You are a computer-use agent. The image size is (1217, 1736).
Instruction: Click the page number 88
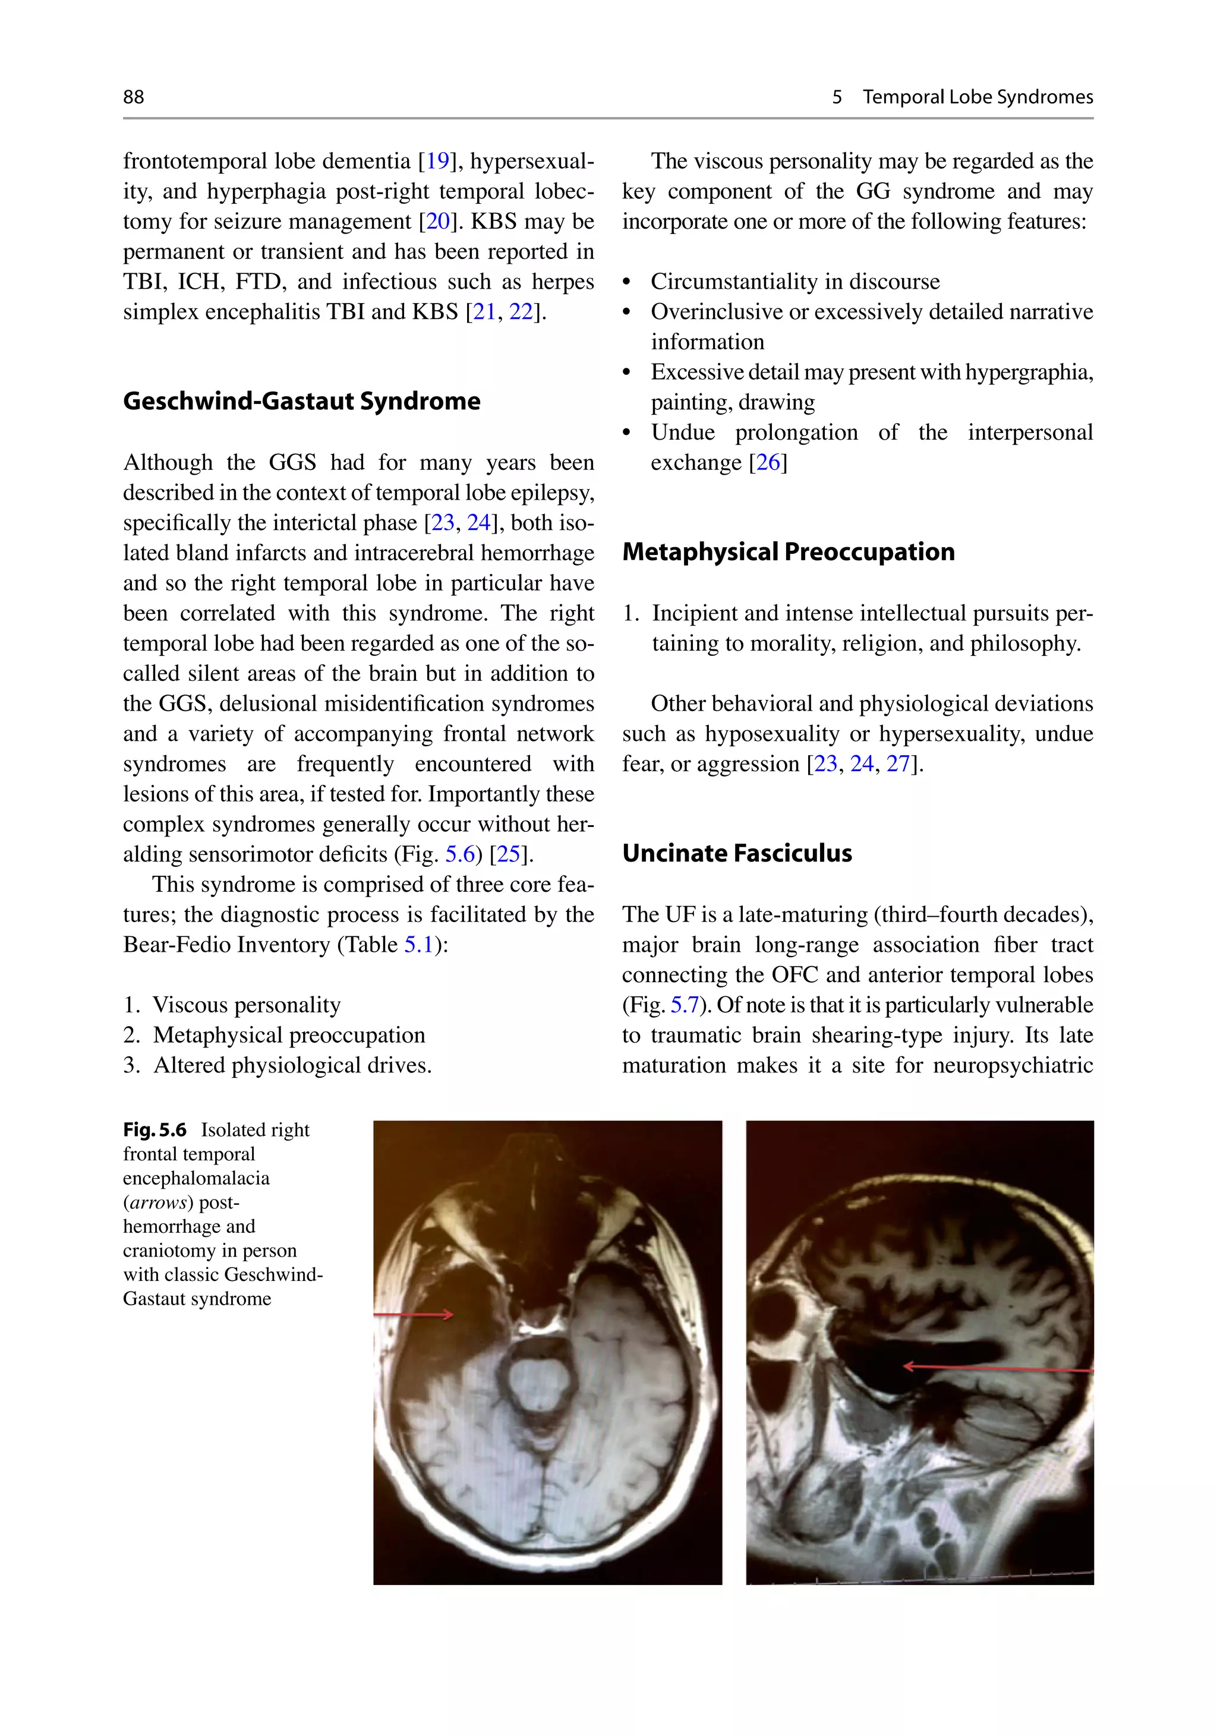pos(133,97)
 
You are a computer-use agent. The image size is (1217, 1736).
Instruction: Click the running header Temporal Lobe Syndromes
pos(978,97)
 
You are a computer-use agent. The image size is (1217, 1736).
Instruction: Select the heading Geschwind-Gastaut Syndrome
pos(301,401)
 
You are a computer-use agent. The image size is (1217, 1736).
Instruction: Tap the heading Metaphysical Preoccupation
pos(788,552)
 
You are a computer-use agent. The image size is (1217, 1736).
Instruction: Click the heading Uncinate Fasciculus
pos(737,853)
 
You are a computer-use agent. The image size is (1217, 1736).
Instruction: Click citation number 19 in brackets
pos(437,161)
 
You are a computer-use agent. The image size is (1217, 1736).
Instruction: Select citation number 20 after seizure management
pos(437,222)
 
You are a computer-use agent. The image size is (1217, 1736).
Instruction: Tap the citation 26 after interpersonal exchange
pos(768,463)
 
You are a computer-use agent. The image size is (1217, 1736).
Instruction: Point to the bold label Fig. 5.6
pos(155,1129)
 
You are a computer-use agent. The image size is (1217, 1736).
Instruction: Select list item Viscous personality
pos(247,1005)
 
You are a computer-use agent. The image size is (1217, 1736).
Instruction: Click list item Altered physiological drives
pos(292,1065)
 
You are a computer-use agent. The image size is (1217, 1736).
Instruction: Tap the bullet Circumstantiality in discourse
pos(795,282)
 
